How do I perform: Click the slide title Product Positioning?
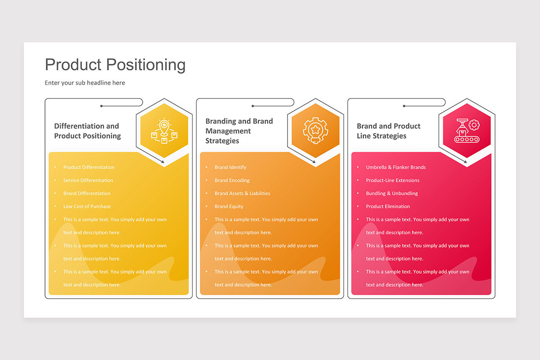(115, 65)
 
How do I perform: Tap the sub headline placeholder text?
(85, 83)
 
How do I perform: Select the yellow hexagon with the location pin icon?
(164, 130)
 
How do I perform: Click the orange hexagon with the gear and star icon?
(315, 130)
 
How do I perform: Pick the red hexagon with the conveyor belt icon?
(466, 130)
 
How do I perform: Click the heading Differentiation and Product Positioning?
(87, 131)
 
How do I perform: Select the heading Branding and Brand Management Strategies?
(239, 131)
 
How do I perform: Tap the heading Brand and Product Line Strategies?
(388, 131)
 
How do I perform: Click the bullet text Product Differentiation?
(89, 167)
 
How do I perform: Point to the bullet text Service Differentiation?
(88, 180)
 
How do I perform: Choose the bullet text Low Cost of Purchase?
(87, 207)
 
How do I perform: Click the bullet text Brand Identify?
(230, 167)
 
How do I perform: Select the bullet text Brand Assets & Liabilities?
(242, 193)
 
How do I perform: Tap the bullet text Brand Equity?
(229, 207)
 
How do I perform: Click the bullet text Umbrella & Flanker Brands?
(396, 167)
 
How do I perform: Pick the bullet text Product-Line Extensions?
(392, 180)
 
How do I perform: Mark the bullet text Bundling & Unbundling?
(391, 193)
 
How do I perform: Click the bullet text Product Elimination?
(388, 207)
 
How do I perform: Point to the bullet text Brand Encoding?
(232, 180)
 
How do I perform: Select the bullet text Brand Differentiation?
(87, 193)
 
